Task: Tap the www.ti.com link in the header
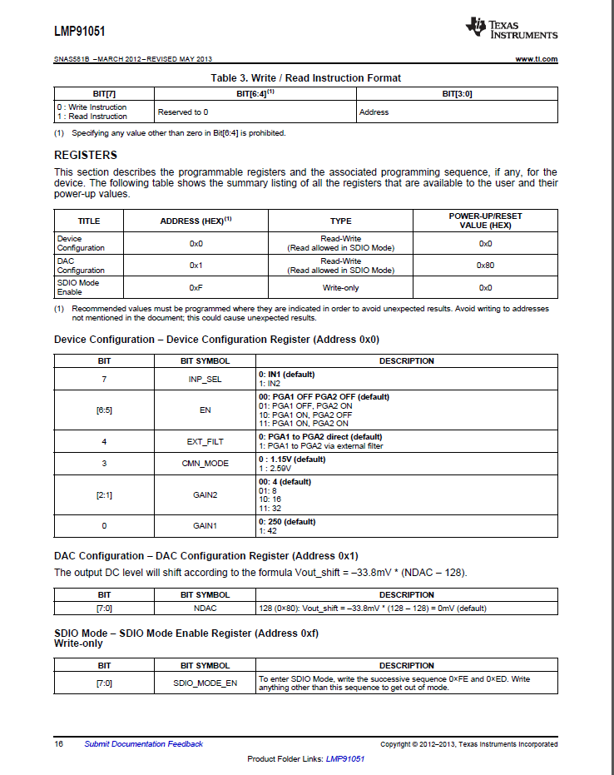pos(537,59)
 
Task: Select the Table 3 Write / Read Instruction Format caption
pos(305,78)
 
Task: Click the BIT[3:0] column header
pos(457,94)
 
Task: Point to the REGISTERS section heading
pos(86,156)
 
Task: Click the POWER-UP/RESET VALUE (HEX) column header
pos(485,221)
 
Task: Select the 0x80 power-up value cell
pos(485,265)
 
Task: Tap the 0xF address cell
pos(196,287)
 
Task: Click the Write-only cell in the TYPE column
pos(340,287)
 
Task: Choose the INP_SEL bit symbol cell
pos(205,379)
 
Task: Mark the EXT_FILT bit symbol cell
pos(205,441)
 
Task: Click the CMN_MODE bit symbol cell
pos(205,463)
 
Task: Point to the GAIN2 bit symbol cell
pos(205,495)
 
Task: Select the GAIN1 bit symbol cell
pos(205,526)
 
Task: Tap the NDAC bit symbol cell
pos(205,608)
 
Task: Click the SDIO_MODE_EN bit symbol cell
pos(205,683)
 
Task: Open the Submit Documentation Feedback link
pos(143,744)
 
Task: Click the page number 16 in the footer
pos(59,744)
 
